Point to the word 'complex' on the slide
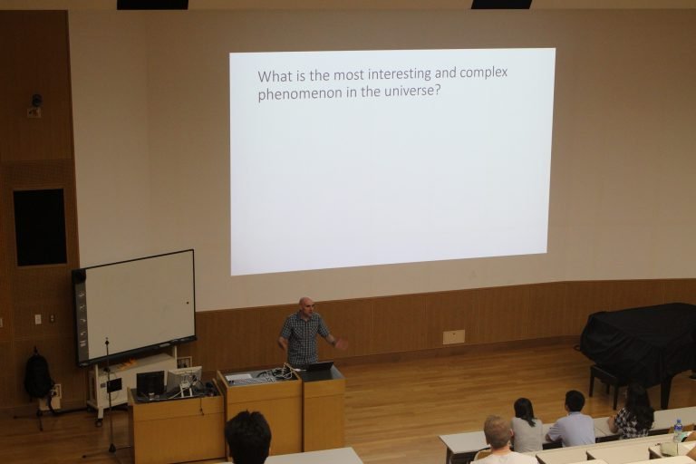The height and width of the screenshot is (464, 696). click(483, 73)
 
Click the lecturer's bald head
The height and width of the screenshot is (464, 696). click(305, 304)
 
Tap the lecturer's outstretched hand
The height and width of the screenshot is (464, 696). click(341, 343)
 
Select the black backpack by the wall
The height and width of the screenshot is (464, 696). click(39, 374)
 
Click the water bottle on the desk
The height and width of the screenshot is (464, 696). click(678, 430)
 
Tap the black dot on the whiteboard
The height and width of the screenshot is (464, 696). click(188, 303)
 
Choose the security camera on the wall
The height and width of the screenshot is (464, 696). click(36, 101)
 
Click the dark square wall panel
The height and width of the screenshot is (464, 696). click(40, 227)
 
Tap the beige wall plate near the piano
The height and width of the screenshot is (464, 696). click(454, 336)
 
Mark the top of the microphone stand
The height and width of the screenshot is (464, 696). click(107, 341)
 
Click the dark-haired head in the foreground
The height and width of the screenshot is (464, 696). click(247, 437)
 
